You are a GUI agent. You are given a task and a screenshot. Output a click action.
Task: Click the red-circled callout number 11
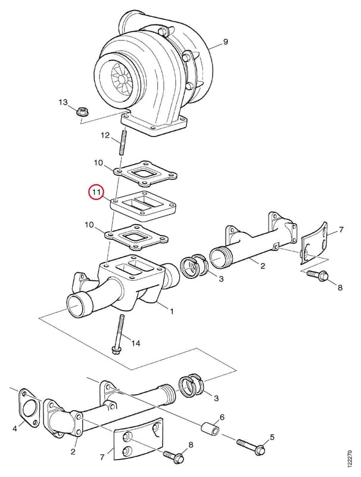[x=97, y=192]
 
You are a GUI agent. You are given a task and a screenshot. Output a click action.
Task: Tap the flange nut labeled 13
[x=82, y=113]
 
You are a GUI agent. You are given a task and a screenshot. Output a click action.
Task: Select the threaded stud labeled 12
[x=123, y=143]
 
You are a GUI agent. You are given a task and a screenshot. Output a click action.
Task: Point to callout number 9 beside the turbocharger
[x=225, y=41]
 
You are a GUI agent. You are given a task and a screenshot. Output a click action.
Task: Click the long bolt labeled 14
[x=118, y=334]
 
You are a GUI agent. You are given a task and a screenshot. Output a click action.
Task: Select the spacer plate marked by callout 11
[x=144, y=206]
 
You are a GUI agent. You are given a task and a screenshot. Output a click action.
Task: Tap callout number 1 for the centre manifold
[x=172, y=311]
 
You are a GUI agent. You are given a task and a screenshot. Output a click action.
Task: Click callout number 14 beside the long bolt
[x=136, y=343]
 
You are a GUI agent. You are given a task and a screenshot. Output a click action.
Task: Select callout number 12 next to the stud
[x=105, y=135]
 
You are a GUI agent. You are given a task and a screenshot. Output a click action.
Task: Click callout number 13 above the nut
[x=63, y=102]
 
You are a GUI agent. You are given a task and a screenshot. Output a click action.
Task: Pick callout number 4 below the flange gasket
[x=14, y=429]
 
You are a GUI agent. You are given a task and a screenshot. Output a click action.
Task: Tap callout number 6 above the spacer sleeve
[x=222, y=417]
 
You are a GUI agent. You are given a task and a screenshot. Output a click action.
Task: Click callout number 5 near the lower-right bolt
[x=272, y=437]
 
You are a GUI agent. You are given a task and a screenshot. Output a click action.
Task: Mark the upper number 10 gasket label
[x=98, y=163]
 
